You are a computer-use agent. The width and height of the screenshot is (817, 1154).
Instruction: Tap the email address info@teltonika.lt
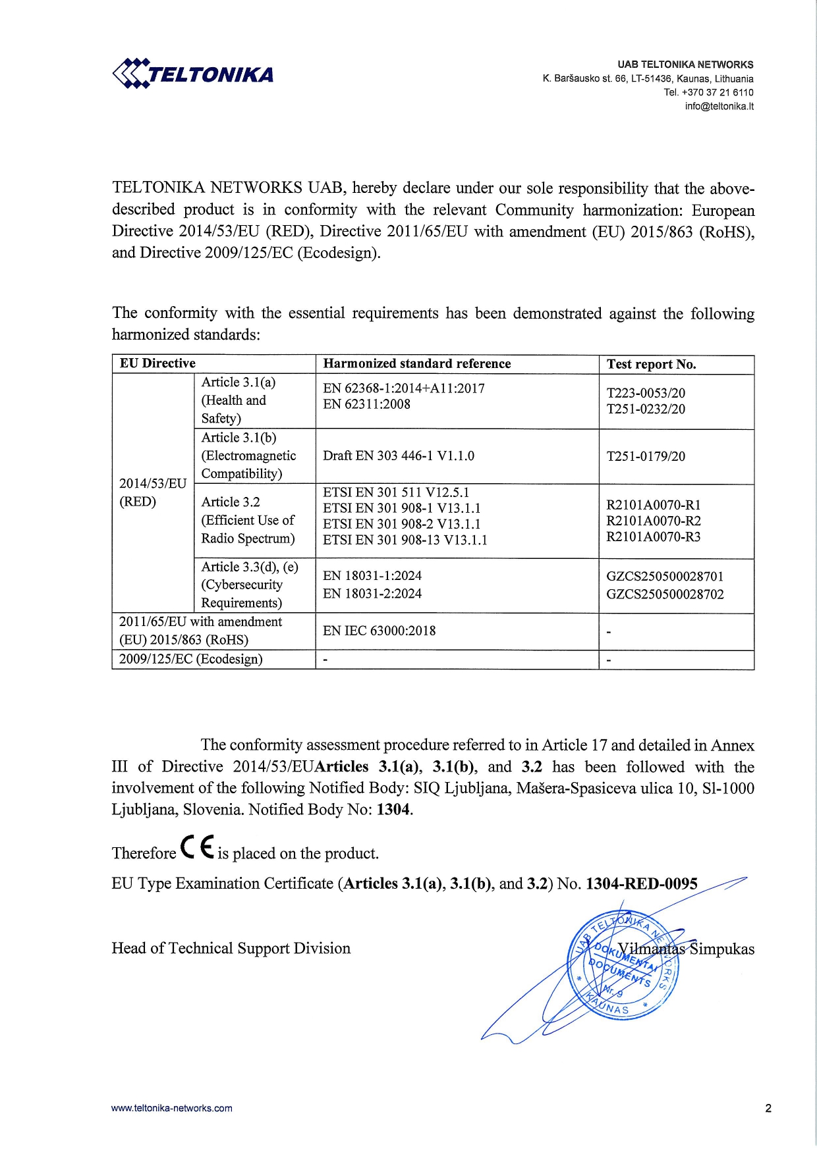719,106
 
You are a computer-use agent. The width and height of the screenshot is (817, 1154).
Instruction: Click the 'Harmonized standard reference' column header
416,363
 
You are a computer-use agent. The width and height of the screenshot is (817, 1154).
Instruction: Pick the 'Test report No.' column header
651,364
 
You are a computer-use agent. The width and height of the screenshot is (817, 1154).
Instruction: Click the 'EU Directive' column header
157,363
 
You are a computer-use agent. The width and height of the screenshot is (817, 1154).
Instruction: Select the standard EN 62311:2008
366,404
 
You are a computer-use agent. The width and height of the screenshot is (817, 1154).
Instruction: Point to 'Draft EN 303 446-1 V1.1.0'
398,456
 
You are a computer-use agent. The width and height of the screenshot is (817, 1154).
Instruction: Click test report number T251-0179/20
646,456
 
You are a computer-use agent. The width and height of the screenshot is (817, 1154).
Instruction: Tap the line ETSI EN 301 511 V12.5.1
396,492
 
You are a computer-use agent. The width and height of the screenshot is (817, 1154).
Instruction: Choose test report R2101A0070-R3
654,537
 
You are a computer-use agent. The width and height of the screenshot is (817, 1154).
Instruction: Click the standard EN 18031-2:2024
372,593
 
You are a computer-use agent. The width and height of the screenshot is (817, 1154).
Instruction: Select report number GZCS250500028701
665,576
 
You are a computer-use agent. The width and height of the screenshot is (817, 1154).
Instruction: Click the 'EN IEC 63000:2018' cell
379,631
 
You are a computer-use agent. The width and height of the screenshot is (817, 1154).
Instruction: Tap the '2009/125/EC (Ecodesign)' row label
190,659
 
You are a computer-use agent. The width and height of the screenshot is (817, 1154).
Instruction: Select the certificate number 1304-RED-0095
641,883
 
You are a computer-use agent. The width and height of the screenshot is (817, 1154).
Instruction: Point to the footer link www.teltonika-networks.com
171,1108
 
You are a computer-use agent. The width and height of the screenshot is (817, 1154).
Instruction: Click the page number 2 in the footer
768,1108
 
